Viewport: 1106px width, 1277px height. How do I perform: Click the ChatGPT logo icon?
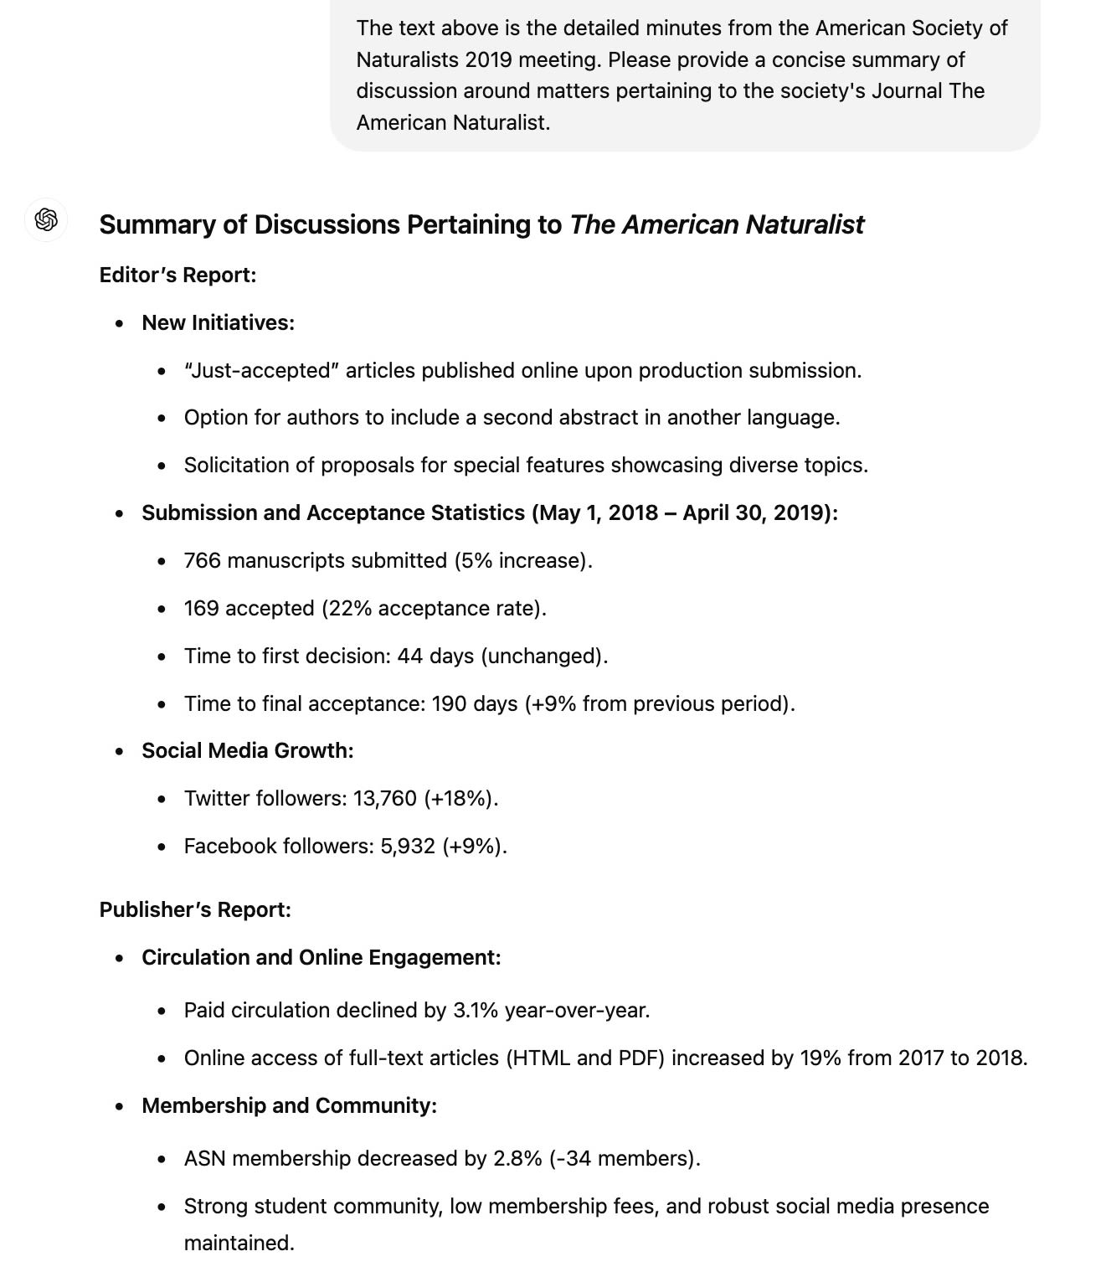(x=46, y=220)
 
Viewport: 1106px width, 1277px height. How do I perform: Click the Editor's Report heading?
(x=177, y=275)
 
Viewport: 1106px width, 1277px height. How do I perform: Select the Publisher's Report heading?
(x=195, y=910)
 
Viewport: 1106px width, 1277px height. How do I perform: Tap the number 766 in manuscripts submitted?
(x=202, y=561)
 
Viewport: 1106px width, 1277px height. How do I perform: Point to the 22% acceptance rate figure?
(x=349, y=609)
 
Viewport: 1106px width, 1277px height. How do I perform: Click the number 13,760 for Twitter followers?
(x=384, y=799)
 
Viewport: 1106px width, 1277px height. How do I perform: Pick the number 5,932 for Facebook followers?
(x=408, y=847)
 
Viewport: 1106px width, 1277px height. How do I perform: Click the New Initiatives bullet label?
(x=218, y=323)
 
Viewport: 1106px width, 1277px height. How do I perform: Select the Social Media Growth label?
(x=247, y=751)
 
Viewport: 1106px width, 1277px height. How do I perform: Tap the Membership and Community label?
(x=289, y=1106)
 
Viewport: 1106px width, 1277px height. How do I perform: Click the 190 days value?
(x=474, y=704)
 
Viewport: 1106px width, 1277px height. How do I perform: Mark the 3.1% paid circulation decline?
(x=475, y=1011)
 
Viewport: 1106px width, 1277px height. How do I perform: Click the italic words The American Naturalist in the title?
(x=716, y=225)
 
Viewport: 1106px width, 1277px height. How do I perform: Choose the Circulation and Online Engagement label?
(x=321, y=958)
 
